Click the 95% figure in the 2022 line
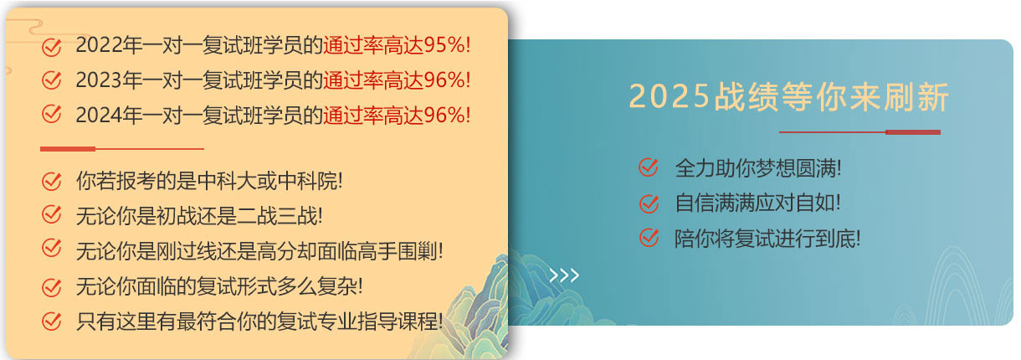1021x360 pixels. click(444, 45)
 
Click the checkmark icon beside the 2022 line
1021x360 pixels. click(52, 46)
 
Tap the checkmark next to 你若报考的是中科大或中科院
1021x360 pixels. click(52, 181)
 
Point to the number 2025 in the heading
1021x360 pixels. click(670, 96)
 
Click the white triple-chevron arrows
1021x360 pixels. click(564, 275)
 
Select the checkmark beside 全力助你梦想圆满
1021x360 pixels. click(649, 167)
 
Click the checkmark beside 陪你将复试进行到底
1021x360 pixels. click(649, 238)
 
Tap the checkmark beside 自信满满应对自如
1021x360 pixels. click(649, 203)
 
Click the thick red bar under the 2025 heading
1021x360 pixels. click(913, 132)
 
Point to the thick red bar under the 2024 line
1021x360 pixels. click(68, 148)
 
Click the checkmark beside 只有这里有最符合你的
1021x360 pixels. click(52, 321)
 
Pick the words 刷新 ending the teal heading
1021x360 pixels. click(916, 96)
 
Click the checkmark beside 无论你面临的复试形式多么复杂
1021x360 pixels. click(52, 287)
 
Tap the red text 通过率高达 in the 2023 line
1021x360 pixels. click(373, 80)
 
